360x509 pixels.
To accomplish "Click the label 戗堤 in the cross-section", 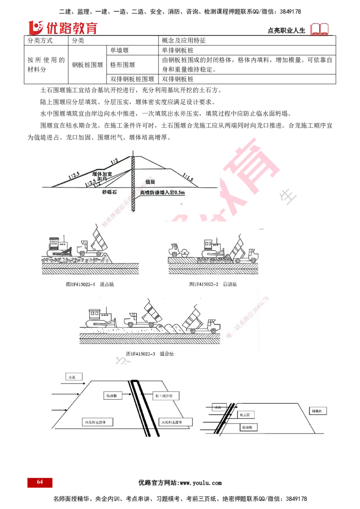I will [150, 181].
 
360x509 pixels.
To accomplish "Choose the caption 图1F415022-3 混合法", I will [150, 354].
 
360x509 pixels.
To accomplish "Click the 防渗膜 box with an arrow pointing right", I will [111, 396].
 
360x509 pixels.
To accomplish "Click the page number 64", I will [40, 482].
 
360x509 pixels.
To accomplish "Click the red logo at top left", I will [63, 28].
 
